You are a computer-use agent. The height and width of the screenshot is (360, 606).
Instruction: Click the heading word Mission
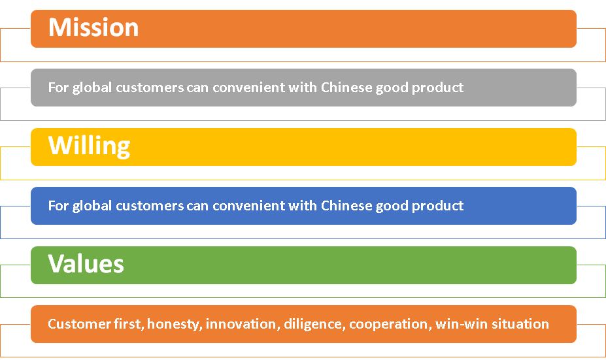click(93, 27)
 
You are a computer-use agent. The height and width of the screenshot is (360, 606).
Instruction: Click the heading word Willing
click(90, 146)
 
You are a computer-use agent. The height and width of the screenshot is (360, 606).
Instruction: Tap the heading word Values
click(86, 264)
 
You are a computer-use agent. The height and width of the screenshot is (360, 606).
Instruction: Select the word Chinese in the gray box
click(346, 88)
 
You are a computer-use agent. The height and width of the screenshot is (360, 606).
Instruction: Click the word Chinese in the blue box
click(346, 206)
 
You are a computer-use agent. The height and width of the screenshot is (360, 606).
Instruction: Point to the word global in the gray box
click(92, 88)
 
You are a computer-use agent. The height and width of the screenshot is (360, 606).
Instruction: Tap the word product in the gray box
click(437, 88)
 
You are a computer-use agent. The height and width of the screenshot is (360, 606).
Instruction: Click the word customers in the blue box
click(150, 206)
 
